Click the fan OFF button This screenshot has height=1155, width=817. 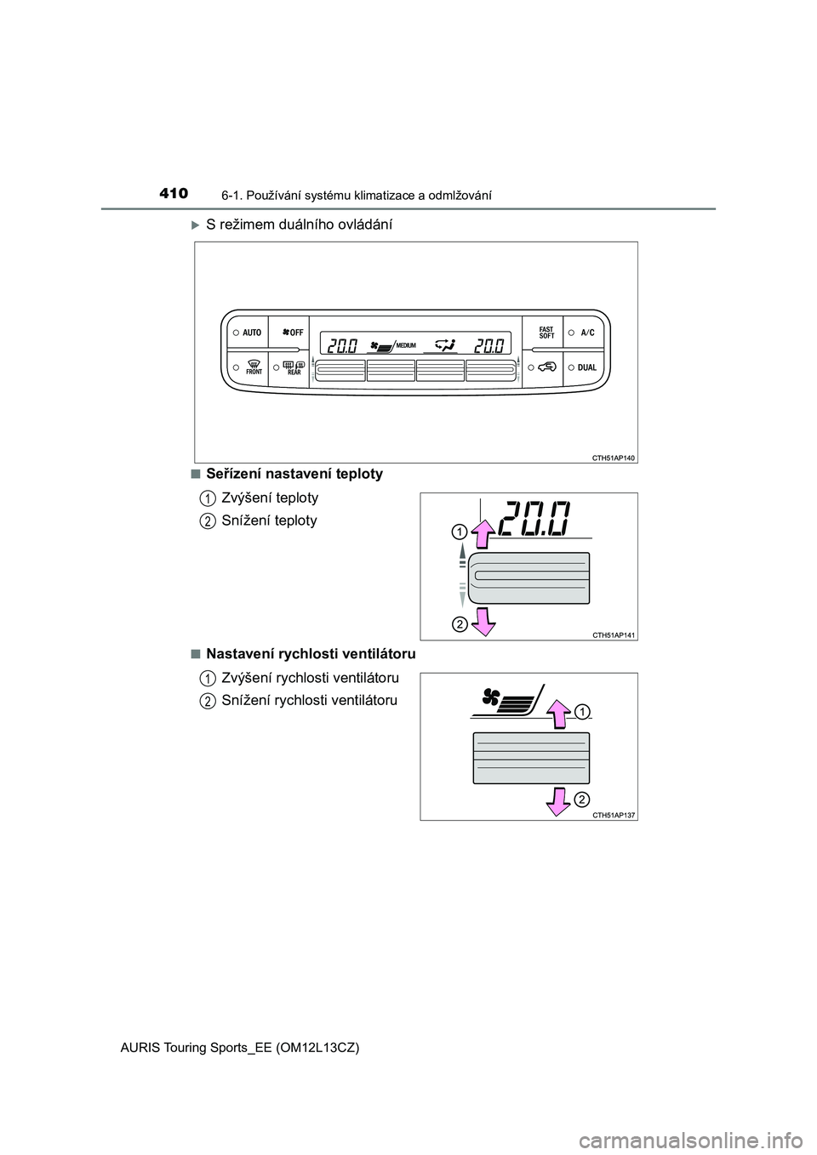292,333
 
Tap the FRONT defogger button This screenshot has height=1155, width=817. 253,367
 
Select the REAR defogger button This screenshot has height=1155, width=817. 293,367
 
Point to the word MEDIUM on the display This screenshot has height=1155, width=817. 405,345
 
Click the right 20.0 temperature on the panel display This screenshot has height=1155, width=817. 489,344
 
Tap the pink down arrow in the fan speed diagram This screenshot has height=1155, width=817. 557,799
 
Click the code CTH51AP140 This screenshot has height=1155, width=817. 614,458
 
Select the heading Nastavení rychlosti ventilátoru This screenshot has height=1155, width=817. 311,654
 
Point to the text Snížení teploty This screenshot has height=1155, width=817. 269,521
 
